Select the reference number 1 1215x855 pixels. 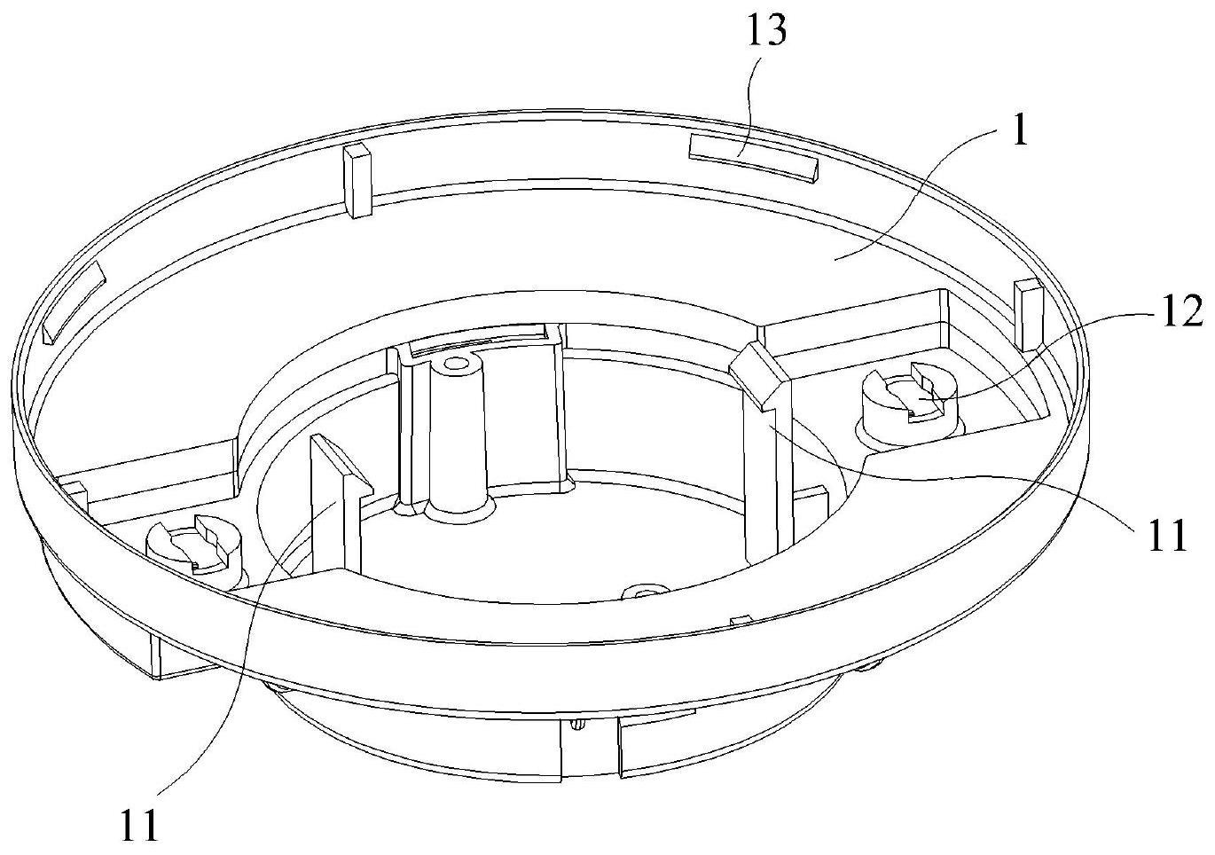tap(1019, 133)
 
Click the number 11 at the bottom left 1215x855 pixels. tap(139, 825)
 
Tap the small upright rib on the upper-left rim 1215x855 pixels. tap(357, 180)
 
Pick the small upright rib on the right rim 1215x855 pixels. tap(1030, 314)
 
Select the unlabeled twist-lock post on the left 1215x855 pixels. tap(195, 552)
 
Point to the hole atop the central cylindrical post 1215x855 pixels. tap(456, 363)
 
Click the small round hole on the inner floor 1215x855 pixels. tap(645, 591)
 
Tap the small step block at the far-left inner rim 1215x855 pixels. tap(73, 489)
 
